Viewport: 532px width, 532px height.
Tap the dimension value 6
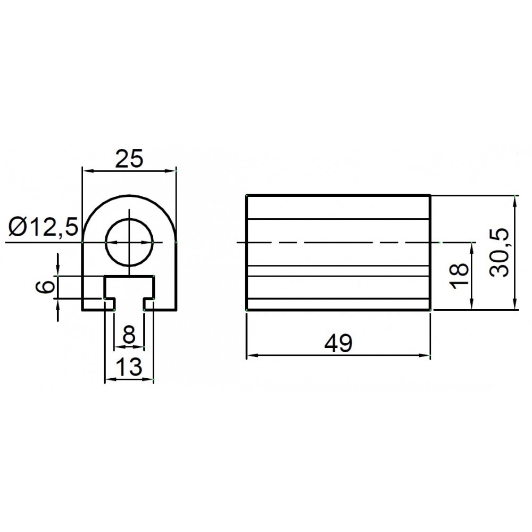[47, 288]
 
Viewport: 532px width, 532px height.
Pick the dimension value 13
[128, 367]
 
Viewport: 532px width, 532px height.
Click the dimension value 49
[338, 344]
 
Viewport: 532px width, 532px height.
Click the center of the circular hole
[129, 243]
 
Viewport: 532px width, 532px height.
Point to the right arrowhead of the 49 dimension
[426, 355]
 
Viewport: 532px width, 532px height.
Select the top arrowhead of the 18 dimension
[472, 246]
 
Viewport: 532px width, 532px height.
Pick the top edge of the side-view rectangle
[338, 195]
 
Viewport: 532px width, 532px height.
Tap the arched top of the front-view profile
[129, 196]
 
